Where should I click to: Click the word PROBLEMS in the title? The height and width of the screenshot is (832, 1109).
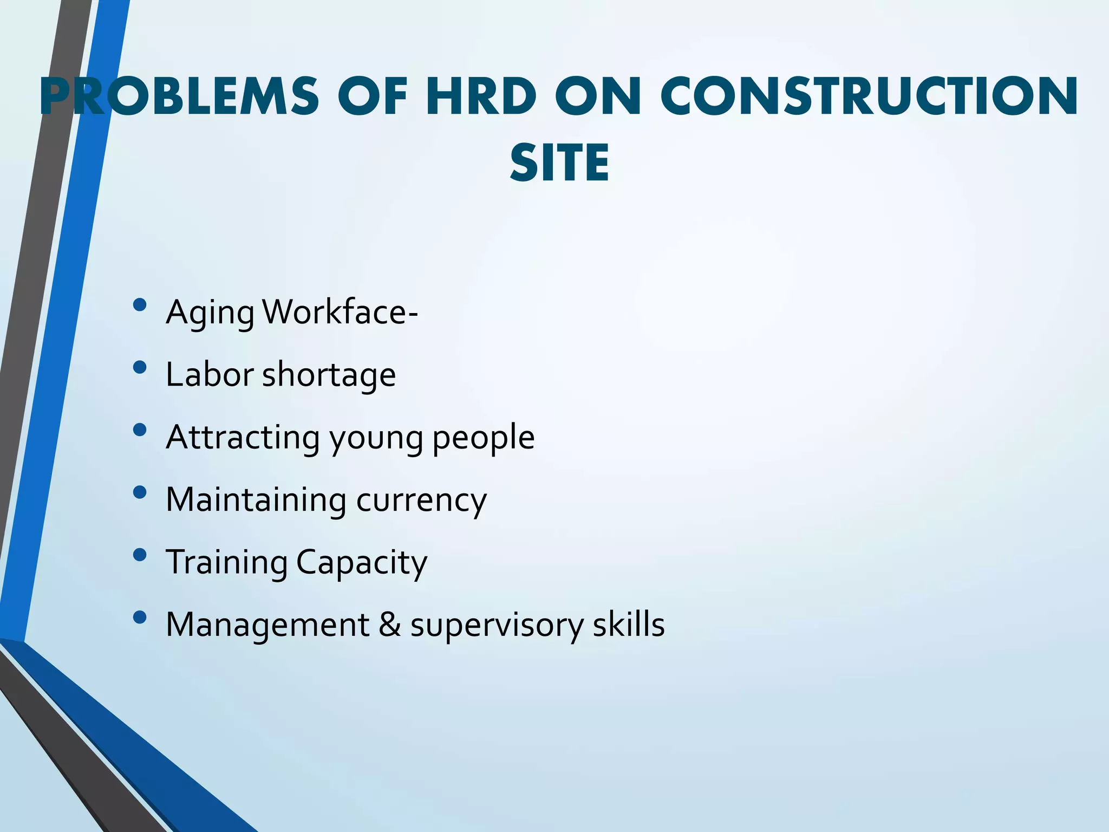(x=179, y=97)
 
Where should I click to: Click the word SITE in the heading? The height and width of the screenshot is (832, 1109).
(x=559, y=163)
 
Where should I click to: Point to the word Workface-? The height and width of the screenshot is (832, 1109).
(x=340, y=313)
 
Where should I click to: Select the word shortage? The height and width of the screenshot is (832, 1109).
(x=329, y=375)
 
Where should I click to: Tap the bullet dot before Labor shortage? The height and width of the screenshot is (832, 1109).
(x=139, y=368)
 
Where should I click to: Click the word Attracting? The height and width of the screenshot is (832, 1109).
(x=243, y=438)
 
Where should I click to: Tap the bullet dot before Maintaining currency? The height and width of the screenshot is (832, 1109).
(x=139, y=492)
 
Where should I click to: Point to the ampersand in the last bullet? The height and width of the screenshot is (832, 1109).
(x=390, y=625)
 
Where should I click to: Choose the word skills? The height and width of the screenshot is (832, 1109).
(x=628, y=625)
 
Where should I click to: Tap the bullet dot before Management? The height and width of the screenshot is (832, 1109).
(x=139, y=617)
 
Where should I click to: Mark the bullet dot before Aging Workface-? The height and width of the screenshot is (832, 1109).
(x=139, y=305)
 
